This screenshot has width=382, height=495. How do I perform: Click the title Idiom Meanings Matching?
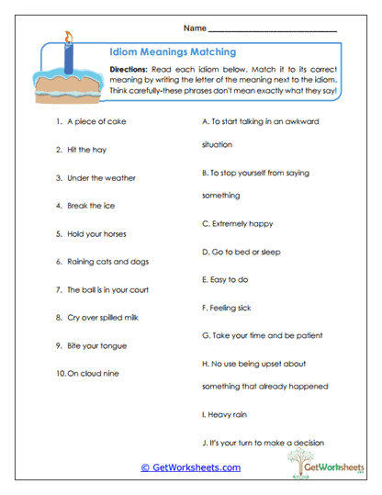tap(172, 53)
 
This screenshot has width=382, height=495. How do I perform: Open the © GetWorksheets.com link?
tap(191, 467)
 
